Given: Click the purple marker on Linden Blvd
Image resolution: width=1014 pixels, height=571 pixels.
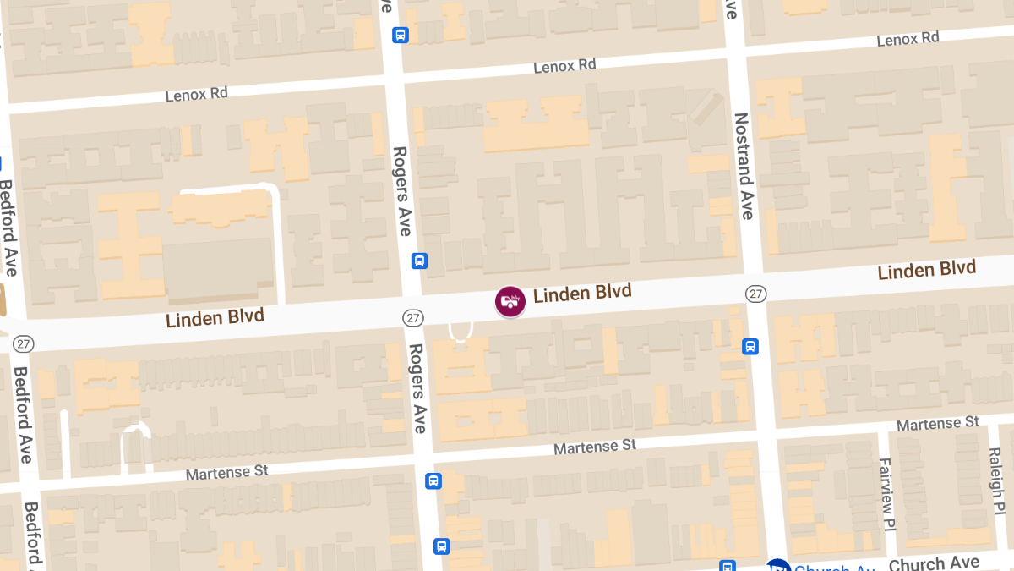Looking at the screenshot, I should click(510, 300).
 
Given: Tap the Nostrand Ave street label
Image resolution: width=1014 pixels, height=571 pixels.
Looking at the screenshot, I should click(743, 166).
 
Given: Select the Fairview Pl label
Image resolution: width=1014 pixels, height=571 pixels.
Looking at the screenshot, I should click(886, 494).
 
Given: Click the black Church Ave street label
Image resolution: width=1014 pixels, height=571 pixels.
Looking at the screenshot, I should click(934, 563).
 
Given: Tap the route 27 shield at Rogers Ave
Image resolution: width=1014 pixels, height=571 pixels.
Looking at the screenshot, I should click(412, 318).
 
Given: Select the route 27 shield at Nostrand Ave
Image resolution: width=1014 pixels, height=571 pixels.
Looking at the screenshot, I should click(755, 294).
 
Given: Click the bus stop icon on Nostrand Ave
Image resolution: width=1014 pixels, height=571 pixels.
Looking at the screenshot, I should click(750, 346).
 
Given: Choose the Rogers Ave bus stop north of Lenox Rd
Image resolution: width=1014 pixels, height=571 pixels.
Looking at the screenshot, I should click(401, 35).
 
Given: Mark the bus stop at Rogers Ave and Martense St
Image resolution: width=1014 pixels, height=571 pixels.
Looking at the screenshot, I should click(433, 480).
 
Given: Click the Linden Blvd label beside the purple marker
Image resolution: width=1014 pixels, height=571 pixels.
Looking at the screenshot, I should click(582, 294).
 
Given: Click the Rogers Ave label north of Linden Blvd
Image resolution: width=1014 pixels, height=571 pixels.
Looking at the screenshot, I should click(401, 191).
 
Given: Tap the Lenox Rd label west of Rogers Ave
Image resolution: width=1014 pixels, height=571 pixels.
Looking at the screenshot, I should click(196, 94).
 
